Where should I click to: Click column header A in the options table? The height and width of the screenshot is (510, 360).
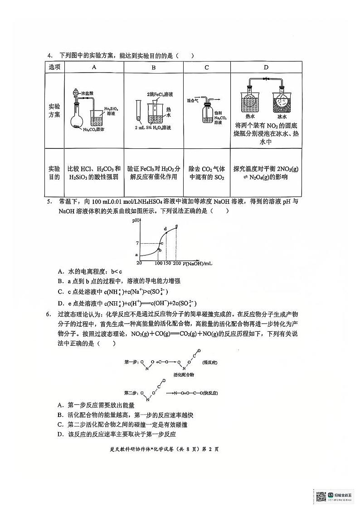[94, 67]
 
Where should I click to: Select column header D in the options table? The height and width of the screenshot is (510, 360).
[266, 67]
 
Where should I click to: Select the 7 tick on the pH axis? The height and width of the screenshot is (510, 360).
[136, 244]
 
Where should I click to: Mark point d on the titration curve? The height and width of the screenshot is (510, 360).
[165, 229]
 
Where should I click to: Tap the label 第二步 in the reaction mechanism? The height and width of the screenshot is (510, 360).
[131, 392]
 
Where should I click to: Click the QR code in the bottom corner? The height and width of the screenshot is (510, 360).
[321, 495]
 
